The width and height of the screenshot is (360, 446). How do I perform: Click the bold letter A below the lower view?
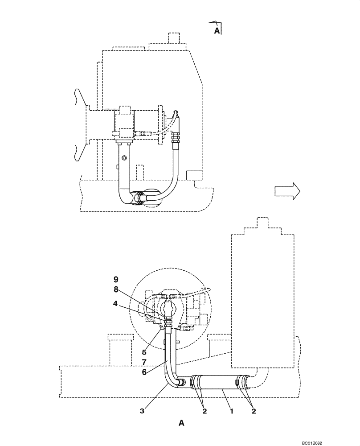point(181,423)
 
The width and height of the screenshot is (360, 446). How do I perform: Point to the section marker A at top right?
point(217,30)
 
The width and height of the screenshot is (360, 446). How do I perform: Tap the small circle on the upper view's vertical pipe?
point(125,158)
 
